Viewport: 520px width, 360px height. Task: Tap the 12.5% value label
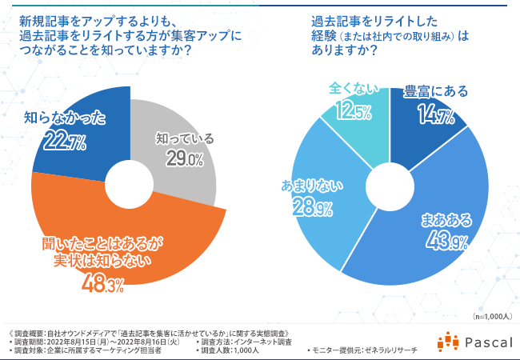tap(353, 110)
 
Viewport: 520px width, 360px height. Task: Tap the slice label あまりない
tap(311, 186)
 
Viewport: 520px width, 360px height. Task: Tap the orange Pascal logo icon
tap(447, 342)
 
